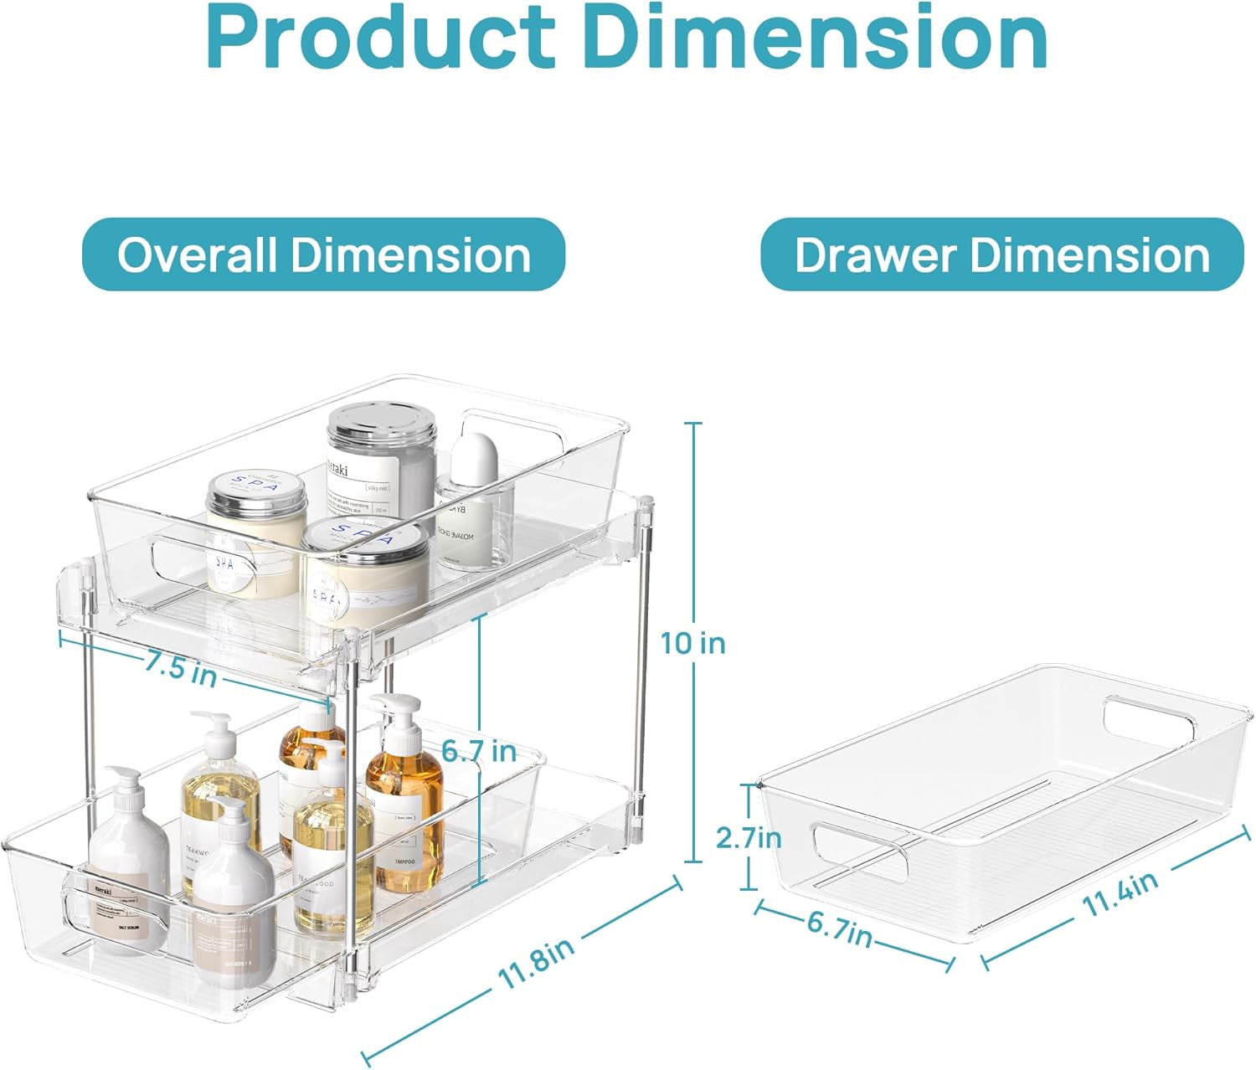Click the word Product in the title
[378, 38]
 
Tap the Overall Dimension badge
[323, 255]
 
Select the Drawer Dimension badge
[1001, 255]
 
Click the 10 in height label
[692, 643]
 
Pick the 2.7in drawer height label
[749, 837]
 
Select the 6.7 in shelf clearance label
[479, 751]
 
